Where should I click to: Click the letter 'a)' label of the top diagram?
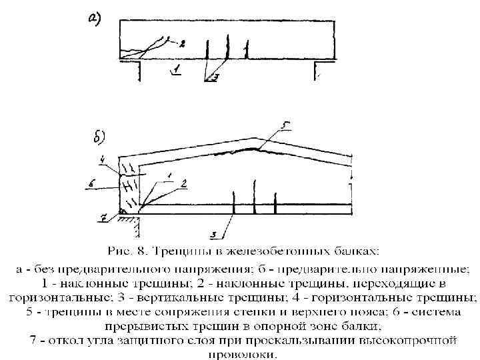click(x=94, y=18)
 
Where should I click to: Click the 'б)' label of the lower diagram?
click(x=97, y=139)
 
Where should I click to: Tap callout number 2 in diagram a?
click(x=181, y=43)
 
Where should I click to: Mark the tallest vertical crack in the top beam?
click(x=228, y=47)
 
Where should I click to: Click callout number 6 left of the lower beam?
click(x=93, y=182)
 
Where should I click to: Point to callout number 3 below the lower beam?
click(x=213, y=234)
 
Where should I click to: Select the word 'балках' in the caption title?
click(x=351, y=251)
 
